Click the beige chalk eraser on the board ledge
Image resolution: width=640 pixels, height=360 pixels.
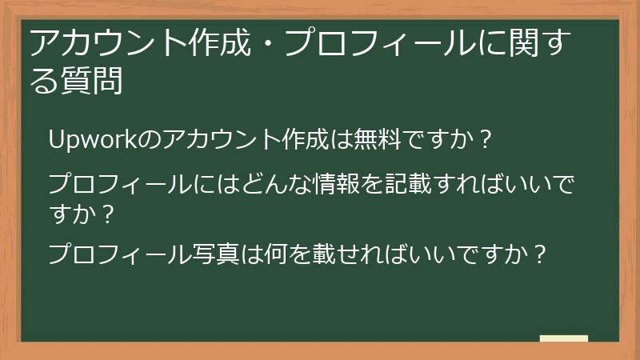[x=563, y=339]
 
